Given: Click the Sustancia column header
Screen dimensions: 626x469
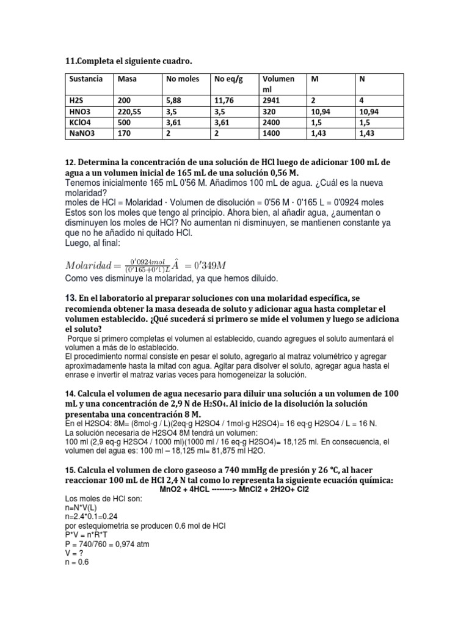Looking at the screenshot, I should click(x=85, y=79).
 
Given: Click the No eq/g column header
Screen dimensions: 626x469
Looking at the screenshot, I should click(x=228, y=79).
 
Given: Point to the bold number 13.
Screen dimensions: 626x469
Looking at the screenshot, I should click(x=70, y=297).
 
